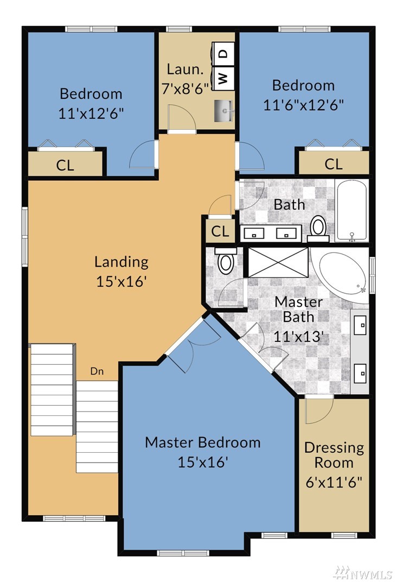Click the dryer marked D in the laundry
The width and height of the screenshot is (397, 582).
pos(223,54)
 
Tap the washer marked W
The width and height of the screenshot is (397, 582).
pos(223,78)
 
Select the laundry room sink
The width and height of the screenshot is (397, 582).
pos(223,111)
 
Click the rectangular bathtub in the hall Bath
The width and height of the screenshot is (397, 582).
pos(351,211)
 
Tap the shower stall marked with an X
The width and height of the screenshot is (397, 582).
pos(278,262)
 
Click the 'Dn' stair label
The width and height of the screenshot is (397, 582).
pos(97,371)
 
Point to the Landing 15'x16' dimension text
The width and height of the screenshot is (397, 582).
pos(122,282)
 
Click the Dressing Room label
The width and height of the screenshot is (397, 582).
pos(334,455)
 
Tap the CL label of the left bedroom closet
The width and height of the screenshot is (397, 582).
pos(65,166)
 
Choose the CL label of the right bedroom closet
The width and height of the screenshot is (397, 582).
pos(334,164)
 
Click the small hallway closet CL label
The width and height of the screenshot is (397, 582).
pos(220,232)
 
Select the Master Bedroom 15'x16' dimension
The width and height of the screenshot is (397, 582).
pos(202,463)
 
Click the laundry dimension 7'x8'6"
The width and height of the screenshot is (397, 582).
pos(185,89)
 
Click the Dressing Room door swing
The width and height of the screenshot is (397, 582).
pos(319,411)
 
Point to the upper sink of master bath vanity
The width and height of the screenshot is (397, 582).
pos(361,325)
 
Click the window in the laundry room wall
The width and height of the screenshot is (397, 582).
pos(178,29)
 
